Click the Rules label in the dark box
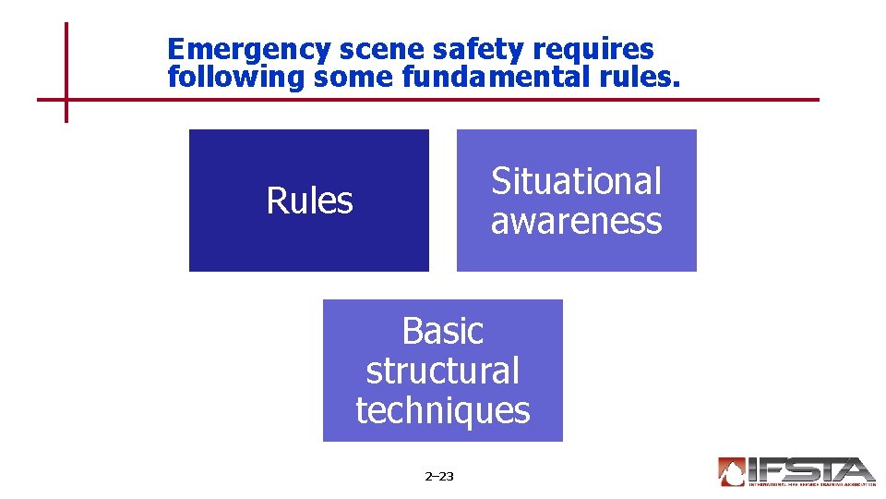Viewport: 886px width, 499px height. click(x=309, y=201)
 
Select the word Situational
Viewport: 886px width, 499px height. click(x=577, y=181)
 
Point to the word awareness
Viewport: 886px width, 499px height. click(x=577, y=221)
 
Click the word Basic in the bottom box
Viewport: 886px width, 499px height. click(x=443, y=330)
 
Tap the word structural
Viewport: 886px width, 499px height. click(x=443, y=371)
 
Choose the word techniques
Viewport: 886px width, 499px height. click(x=443, y=410)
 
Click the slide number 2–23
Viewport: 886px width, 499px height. click(x=439, y=477)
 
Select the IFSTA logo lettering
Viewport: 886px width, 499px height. click(x=811, y=469)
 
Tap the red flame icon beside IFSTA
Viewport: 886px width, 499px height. click(x=732, y=472)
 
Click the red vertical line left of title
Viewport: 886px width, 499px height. click(x=66, y=55)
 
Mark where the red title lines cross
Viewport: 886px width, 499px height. click(x=66, y=99)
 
